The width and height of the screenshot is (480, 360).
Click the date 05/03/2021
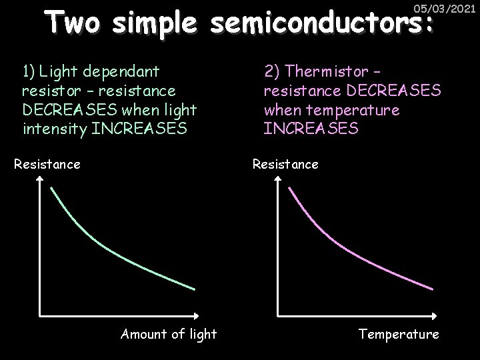445,9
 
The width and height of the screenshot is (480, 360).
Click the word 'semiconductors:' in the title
322,24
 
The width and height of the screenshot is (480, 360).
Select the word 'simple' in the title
156,24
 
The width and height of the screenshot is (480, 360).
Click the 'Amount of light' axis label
168,334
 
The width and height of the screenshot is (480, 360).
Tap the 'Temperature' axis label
399,334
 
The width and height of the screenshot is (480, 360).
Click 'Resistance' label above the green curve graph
47,163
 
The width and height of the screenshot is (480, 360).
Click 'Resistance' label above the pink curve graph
285,163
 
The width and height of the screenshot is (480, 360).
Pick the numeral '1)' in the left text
29,69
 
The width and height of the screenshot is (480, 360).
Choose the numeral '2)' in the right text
272,70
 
